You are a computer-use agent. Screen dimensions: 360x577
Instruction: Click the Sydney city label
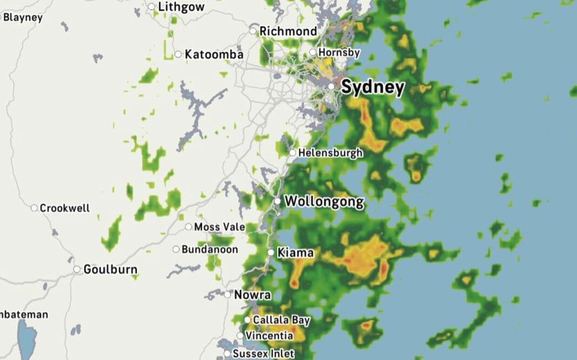click(372, 87)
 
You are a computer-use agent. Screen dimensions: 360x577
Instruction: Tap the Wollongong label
click(324, 202)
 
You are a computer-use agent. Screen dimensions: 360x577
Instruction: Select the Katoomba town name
click(214, 55)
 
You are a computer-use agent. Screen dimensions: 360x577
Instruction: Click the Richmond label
click(288, 31)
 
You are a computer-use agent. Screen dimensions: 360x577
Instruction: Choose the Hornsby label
click(339, 53)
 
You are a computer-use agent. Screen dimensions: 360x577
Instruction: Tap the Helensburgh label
click(330, 153)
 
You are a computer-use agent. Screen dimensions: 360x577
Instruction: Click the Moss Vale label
click(219, 227)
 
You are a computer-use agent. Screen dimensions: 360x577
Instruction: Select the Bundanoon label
click(210, 250)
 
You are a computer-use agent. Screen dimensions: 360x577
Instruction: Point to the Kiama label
click(295, 252)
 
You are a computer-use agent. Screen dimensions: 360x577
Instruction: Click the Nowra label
click(252, 295)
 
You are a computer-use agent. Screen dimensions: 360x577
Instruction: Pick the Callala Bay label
click(281, 321)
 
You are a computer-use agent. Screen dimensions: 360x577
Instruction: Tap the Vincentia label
click(270, 336)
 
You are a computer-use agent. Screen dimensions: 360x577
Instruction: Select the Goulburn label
click(110, 269)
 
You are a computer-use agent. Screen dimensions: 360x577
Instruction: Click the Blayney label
click(23, 17)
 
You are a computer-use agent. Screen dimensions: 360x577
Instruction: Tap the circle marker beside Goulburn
click(77, 269)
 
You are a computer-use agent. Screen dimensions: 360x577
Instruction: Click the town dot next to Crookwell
click(34, 208)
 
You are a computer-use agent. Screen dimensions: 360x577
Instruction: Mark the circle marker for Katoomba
click(178, 54)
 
